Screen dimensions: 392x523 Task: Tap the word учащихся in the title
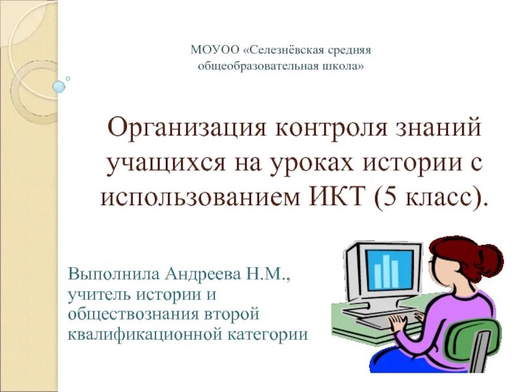click(x=162, y=162)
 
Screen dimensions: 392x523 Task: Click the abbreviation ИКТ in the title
click(x=334, y=196)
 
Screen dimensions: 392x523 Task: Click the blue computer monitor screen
click(x=392, y=269)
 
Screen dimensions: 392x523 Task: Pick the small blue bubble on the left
click(x=59, y=86)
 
